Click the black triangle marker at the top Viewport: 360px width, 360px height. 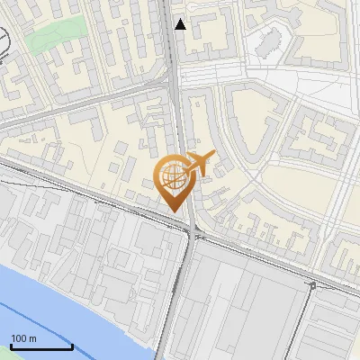[x=181, y=24]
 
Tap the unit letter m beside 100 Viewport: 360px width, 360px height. [x=34, y=339]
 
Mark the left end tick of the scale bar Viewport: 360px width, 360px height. [x=11, y=345]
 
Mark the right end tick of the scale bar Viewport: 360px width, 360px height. [x=73, y=345]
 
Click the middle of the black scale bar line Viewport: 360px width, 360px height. [x=41, y=347]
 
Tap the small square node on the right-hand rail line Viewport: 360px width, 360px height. [x=312, y=285]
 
